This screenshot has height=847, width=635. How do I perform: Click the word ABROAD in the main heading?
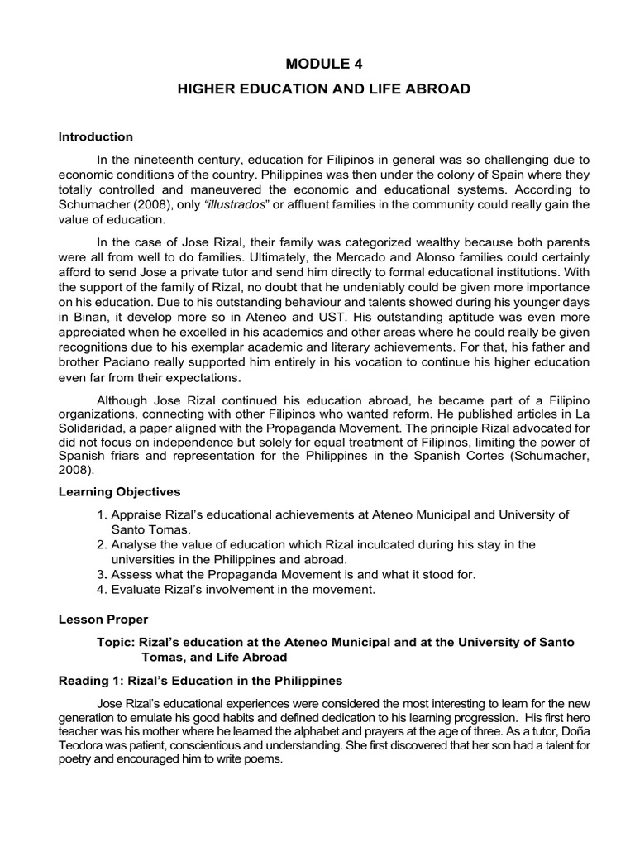tap(435, 89)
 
